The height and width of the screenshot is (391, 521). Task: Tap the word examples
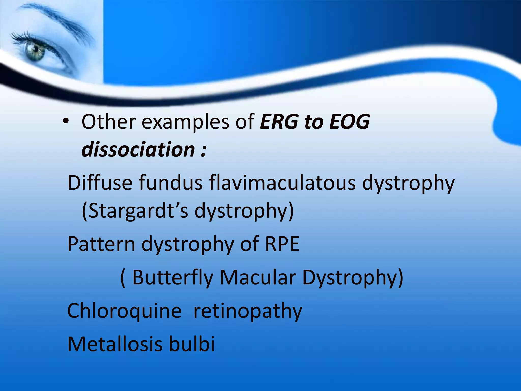(x=185, y=122)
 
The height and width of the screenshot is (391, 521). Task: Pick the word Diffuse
(x=100, y=183)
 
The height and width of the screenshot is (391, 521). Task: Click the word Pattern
(x=101, y=244)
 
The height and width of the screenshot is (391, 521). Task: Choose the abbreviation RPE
(x=282, y=244)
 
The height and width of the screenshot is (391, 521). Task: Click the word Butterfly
(x=173, y=277)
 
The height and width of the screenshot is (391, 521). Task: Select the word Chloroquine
(x=124, y=311)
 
